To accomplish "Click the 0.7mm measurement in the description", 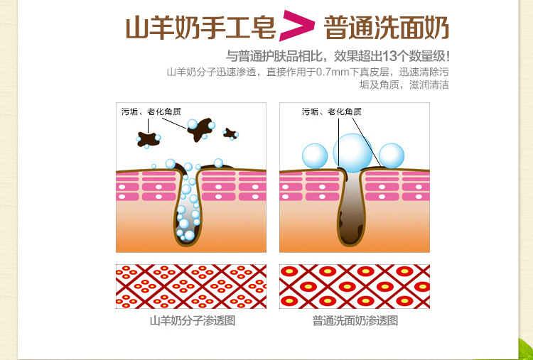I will point(331,72).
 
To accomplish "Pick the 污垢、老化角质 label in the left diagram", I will point(151,111).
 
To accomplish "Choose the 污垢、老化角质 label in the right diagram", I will point(331,111).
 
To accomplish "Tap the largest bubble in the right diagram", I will point(352,151).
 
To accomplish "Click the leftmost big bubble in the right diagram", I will point(314,156).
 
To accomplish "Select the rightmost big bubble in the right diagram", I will point(391,156).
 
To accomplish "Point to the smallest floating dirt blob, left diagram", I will point(230,133).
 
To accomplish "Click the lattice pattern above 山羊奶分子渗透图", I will point(191,286).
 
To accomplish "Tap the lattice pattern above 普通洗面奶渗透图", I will point(355,286).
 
